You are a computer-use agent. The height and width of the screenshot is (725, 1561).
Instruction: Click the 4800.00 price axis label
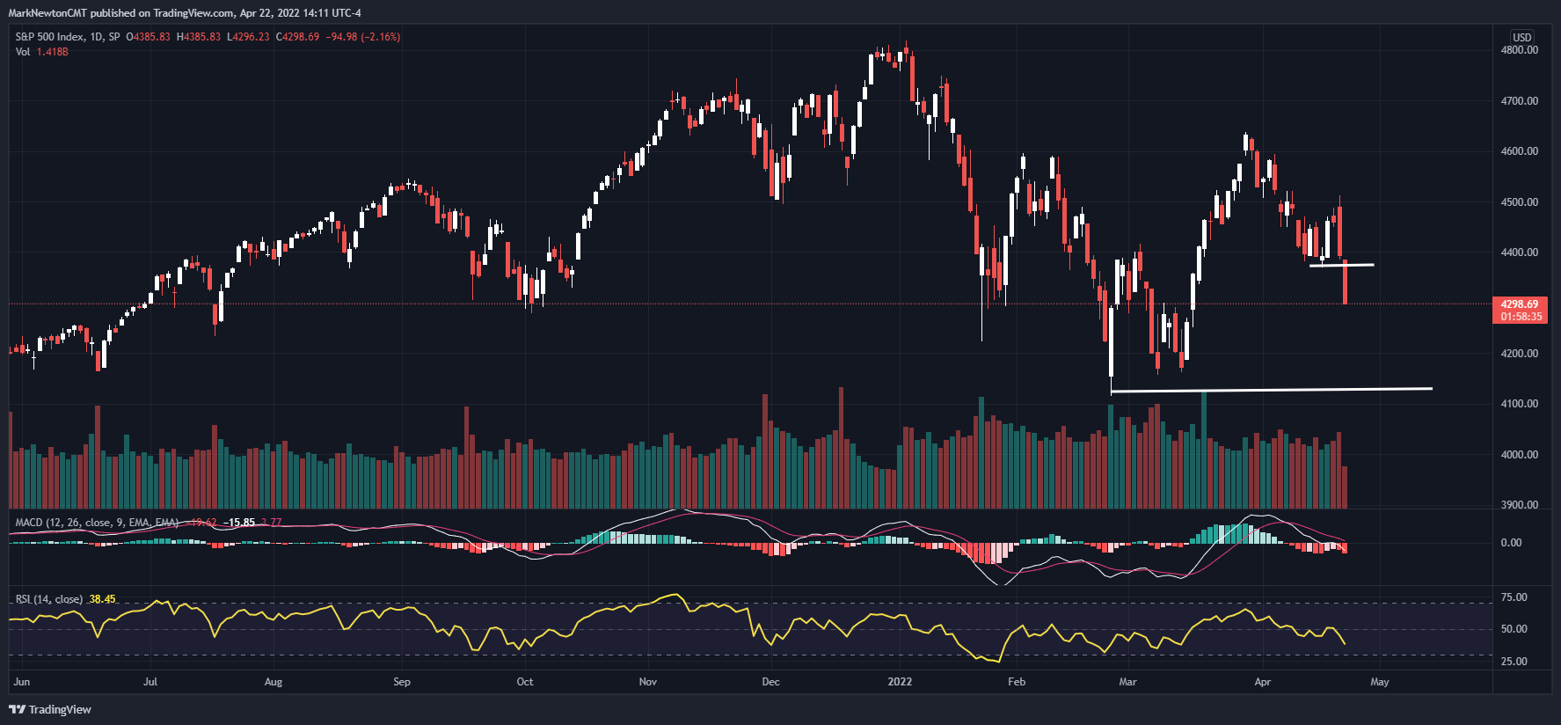tap(1519, 50)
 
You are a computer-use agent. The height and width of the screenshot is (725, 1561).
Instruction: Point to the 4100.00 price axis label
tap(1519, 404)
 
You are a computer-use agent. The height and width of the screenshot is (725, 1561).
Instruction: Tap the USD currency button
tap(1521, 37)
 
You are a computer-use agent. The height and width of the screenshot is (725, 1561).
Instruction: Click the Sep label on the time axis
tap(402, 682)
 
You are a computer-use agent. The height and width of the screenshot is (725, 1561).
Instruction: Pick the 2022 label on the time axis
tap(900, 682)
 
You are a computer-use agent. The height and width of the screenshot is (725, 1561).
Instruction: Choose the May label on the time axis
tap(1379, 682)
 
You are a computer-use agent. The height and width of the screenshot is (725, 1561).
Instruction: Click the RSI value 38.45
tap(102, 599)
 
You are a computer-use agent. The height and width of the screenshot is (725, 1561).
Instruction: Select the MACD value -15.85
tap(238, 523)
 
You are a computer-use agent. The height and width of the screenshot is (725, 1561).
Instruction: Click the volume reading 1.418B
tap(52, 52)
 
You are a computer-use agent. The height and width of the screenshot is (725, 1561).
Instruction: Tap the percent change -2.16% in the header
tap(383, 37)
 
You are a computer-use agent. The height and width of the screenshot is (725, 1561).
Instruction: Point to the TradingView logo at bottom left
tap(50, 709)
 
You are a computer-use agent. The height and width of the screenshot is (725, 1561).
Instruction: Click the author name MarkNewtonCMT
tap(47, 13)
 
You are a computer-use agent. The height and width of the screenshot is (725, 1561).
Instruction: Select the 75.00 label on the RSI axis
tap(1514, 597)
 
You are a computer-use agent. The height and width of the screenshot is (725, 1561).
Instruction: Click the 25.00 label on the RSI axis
tap(1514, 662)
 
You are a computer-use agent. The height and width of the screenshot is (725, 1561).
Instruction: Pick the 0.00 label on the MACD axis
tap(1511, 543)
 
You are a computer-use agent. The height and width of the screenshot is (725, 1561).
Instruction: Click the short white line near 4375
tap(1341, 265)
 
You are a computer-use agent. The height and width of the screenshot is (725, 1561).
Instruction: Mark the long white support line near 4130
tap(1271, 390)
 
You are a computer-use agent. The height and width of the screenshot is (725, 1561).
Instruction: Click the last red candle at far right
tap(1346, 282)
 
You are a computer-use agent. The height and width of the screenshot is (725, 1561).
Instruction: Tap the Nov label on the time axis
tap(648, 682)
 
